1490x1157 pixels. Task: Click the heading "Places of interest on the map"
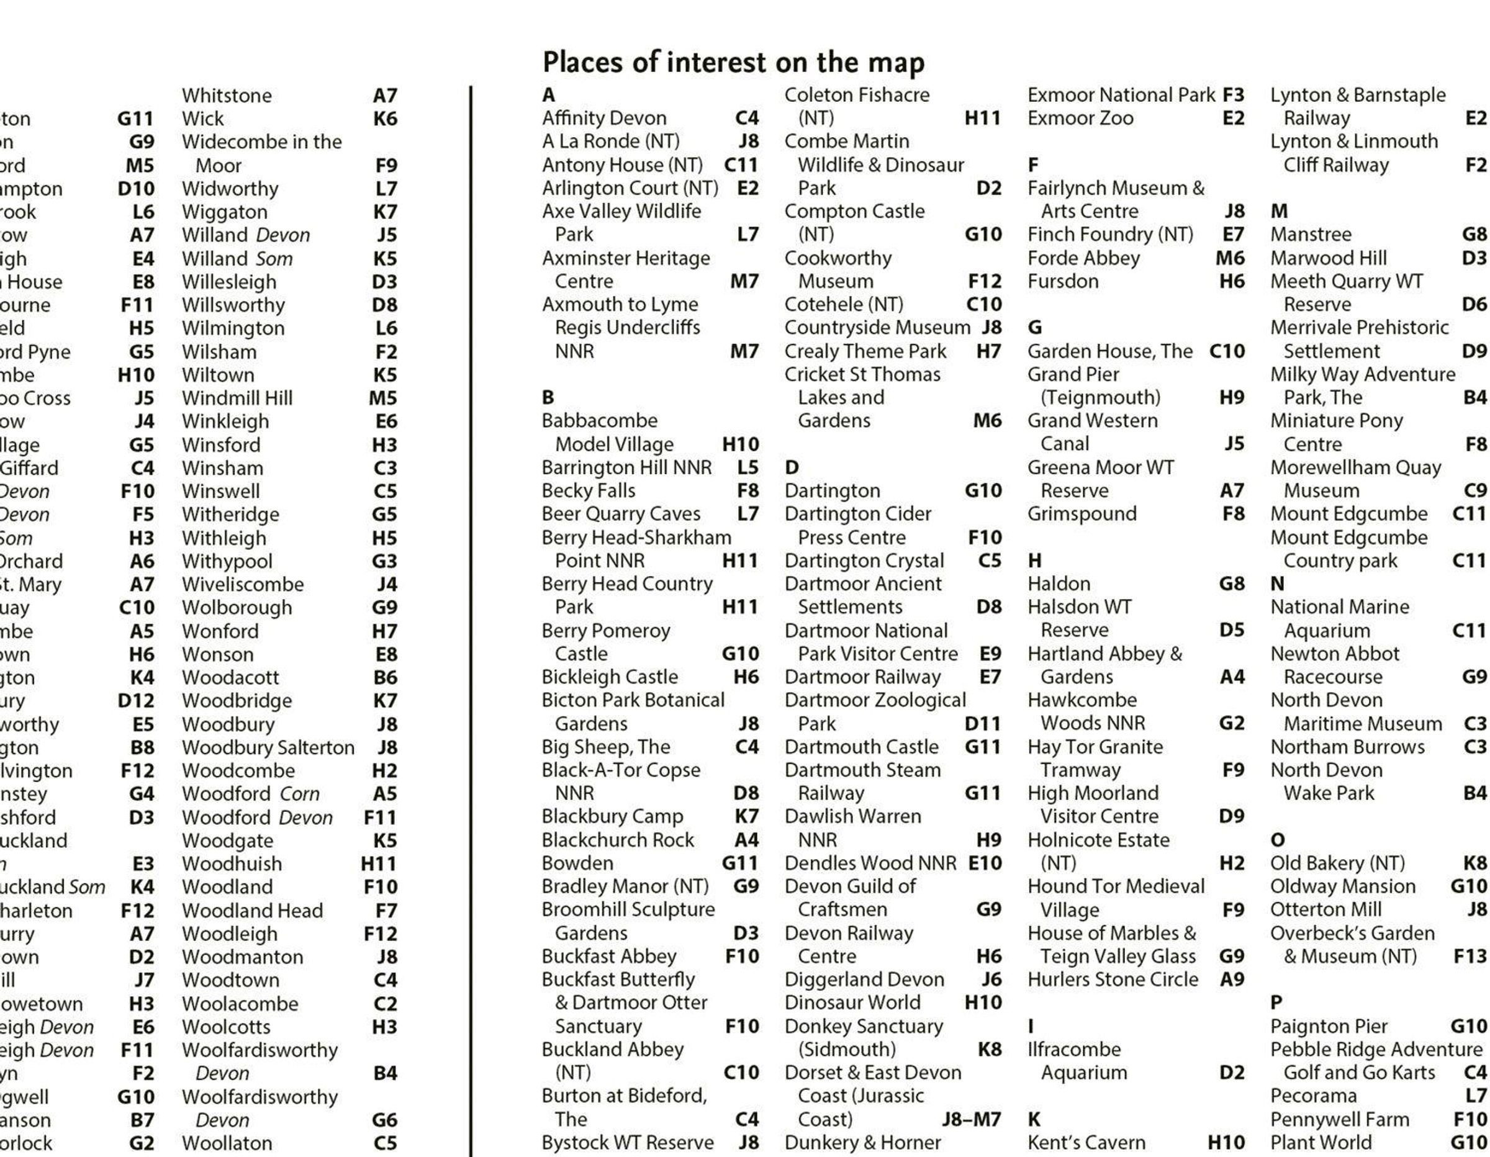click(x=733, y=62)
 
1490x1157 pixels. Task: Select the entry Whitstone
click(x=227, y=96)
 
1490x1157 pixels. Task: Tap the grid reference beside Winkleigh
click(x=386, y=421)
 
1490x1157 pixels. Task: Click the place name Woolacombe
click(x=240, y=1004)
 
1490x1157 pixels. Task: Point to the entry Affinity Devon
click(x=604, y=118)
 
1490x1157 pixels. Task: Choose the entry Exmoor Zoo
click(x=1080, y=118)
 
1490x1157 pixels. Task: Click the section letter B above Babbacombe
click(x=548, y=397)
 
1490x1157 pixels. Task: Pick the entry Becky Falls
click(x=588, y=490)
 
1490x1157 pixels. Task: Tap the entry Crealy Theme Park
click(x=865, y=351)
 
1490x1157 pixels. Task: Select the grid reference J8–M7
click(x=971, y=1120)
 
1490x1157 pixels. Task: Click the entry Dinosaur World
click(x=852, y=1002)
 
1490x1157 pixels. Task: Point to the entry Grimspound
click(x=1082, y=514)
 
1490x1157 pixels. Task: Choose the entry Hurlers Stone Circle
click(x=1113, y=979)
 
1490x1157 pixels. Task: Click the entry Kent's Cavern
click(x=1086, y=1143)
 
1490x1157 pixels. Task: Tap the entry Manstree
click(x=1310, y=235)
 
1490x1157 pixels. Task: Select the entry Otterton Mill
click(x=1325, y=909)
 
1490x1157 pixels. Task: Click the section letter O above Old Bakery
click(x=1277, y=840)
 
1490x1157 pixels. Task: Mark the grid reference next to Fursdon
click(x=1232, y=281)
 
